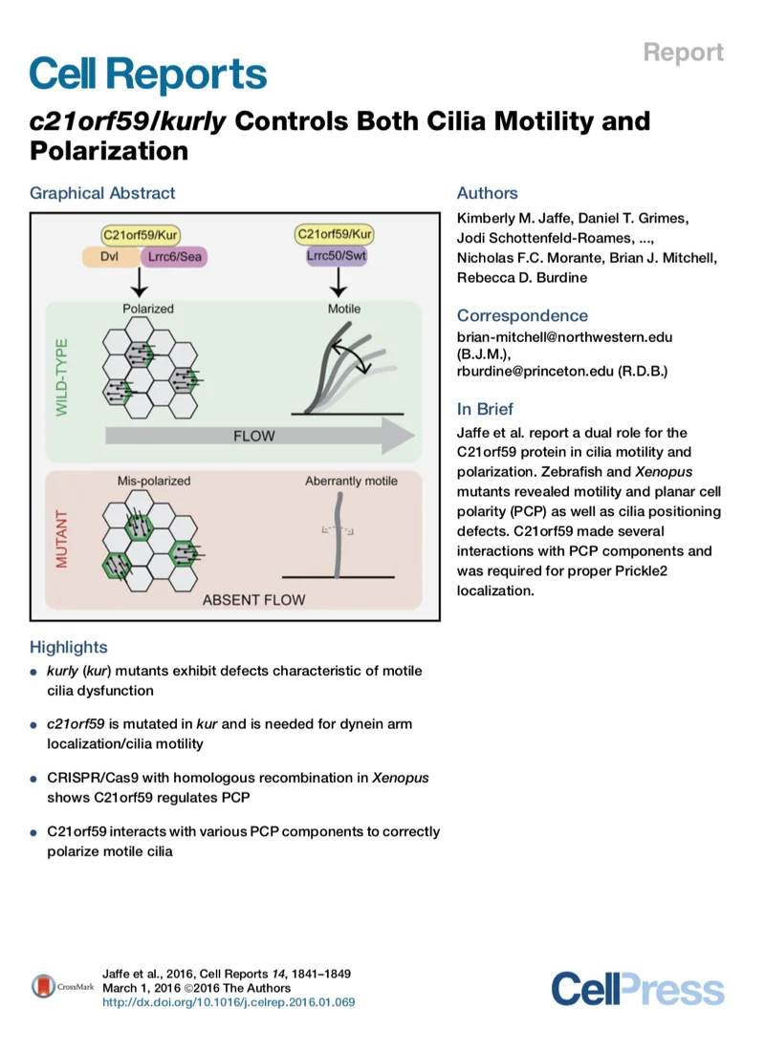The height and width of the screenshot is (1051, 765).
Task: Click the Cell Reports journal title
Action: point(148,75)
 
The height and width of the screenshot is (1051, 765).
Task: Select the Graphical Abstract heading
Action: point(102,193)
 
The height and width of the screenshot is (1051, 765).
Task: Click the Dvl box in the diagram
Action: point(108,256)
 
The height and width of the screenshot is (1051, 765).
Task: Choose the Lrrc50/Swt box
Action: point(336,256)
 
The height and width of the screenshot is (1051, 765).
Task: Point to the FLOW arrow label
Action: point(253,436)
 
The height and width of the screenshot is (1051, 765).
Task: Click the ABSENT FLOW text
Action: point(253,600)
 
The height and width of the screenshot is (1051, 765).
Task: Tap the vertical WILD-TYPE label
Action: point(62,374)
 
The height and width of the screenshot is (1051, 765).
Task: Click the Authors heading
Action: point(487,193)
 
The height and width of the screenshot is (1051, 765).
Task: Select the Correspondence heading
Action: point(522,315)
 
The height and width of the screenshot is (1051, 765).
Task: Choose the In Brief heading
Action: point(485,409)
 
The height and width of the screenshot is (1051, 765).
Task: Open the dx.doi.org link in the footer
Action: point(229,1002)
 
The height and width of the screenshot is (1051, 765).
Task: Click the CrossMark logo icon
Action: point(43,987)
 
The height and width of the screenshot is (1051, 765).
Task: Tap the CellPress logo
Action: point(637,988)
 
